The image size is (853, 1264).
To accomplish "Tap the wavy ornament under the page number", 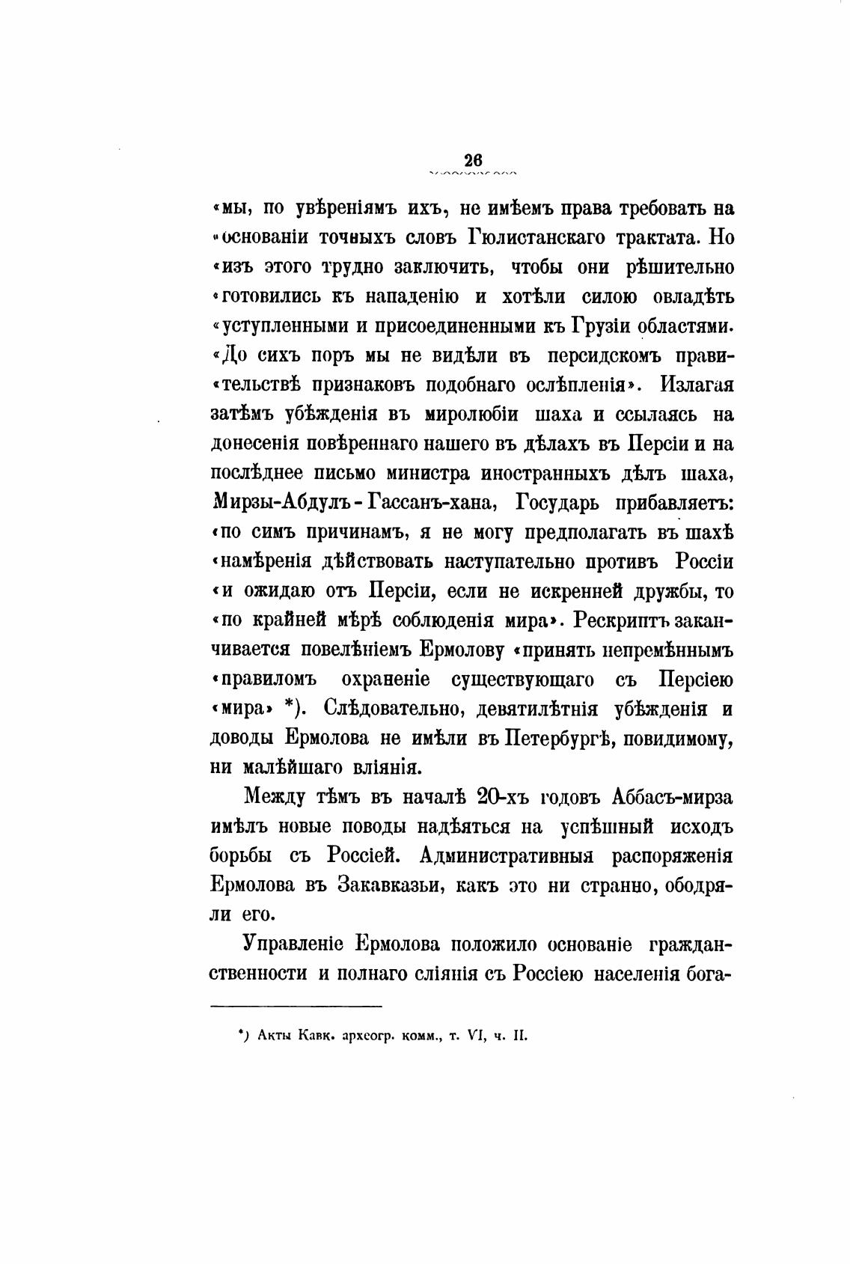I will point(473,174).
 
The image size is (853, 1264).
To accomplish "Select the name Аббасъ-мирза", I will point(672,797).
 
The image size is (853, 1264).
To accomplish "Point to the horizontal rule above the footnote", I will point(296,1006).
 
